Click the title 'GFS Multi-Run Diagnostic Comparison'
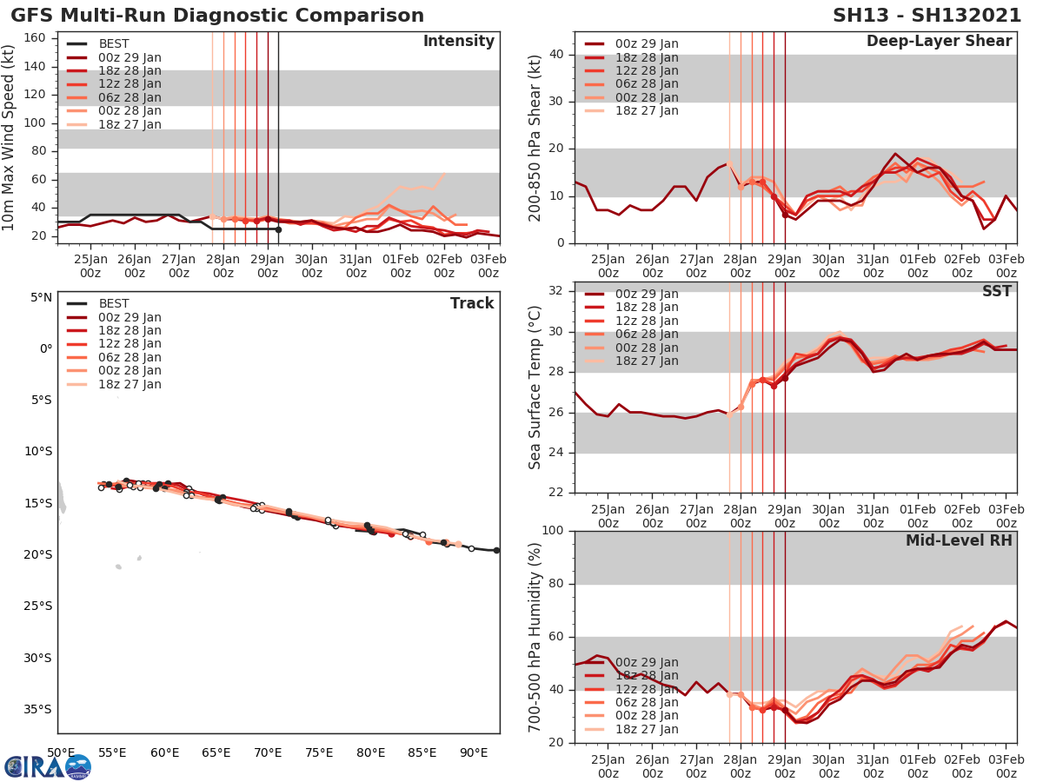coord(217,16)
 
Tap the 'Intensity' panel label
coord(458,42)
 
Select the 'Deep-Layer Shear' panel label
coord(939,42)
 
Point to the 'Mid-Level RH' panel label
coord(959,540)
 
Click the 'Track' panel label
coord(471,303)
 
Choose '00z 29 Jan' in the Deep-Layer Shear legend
coord(647,44)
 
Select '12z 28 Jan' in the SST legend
coord(647,321)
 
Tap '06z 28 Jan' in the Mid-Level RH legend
coord(647,702)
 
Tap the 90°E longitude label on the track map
coord(474,752)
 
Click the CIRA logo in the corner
coord(47,765)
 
